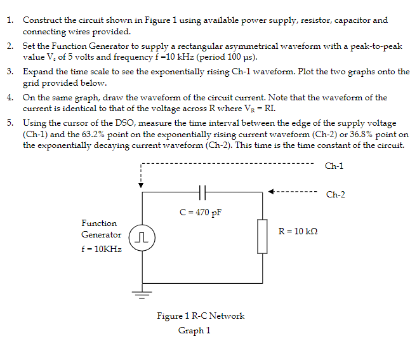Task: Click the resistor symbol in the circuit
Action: pos(261,235)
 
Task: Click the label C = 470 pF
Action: pos(200,211)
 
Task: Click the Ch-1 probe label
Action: pos(334,166)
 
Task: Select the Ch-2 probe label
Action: pos(335,194)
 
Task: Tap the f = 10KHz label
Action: pos(102,249)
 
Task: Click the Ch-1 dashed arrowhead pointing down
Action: pos(142,185)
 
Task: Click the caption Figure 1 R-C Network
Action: pos(201,316)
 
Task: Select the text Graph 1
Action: pos(194,330)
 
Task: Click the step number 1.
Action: pos(11,20)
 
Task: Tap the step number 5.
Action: pos(11,122)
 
